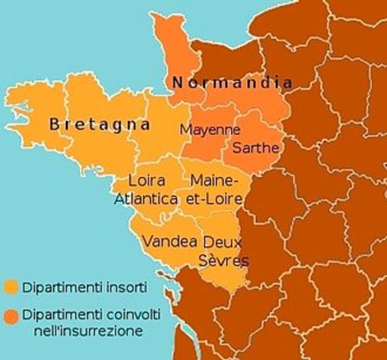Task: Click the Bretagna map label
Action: tap(100, 124)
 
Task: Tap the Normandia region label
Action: tap(231, 82)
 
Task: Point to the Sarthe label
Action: tap(255, 148)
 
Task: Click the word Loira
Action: tap(146, 181)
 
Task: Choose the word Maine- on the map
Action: tap(214, 181)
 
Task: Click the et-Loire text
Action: tap(214, 199)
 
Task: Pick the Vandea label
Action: tap(169, 241)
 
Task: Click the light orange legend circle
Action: tap(10, 286)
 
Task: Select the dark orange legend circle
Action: tap(10, 314)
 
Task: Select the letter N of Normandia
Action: tap(177, 82)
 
